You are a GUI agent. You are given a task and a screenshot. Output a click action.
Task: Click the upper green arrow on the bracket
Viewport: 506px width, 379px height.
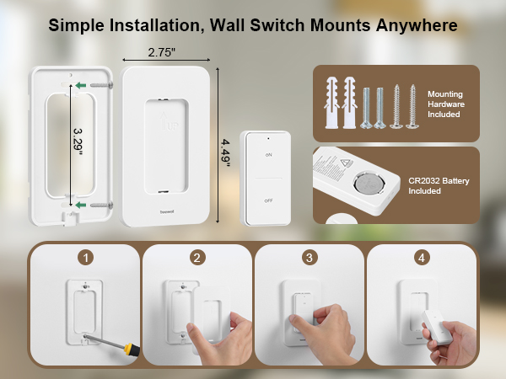(x=79, y=85)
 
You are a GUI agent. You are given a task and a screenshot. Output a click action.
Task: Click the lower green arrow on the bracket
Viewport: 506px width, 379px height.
(x=79, y=204)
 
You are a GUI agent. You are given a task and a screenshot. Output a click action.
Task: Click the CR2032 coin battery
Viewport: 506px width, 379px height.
(x=367, y=184)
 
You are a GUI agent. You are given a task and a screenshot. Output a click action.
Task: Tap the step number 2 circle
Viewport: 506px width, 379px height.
(x=196, y=257)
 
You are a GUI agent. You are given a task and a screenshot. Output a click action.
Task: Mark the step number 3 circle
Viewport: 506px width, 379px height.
(x=310, y=257)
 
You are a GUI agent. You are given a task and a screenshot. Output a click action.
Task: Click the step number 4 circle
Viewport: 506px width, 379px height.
(x=421, y=257)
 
